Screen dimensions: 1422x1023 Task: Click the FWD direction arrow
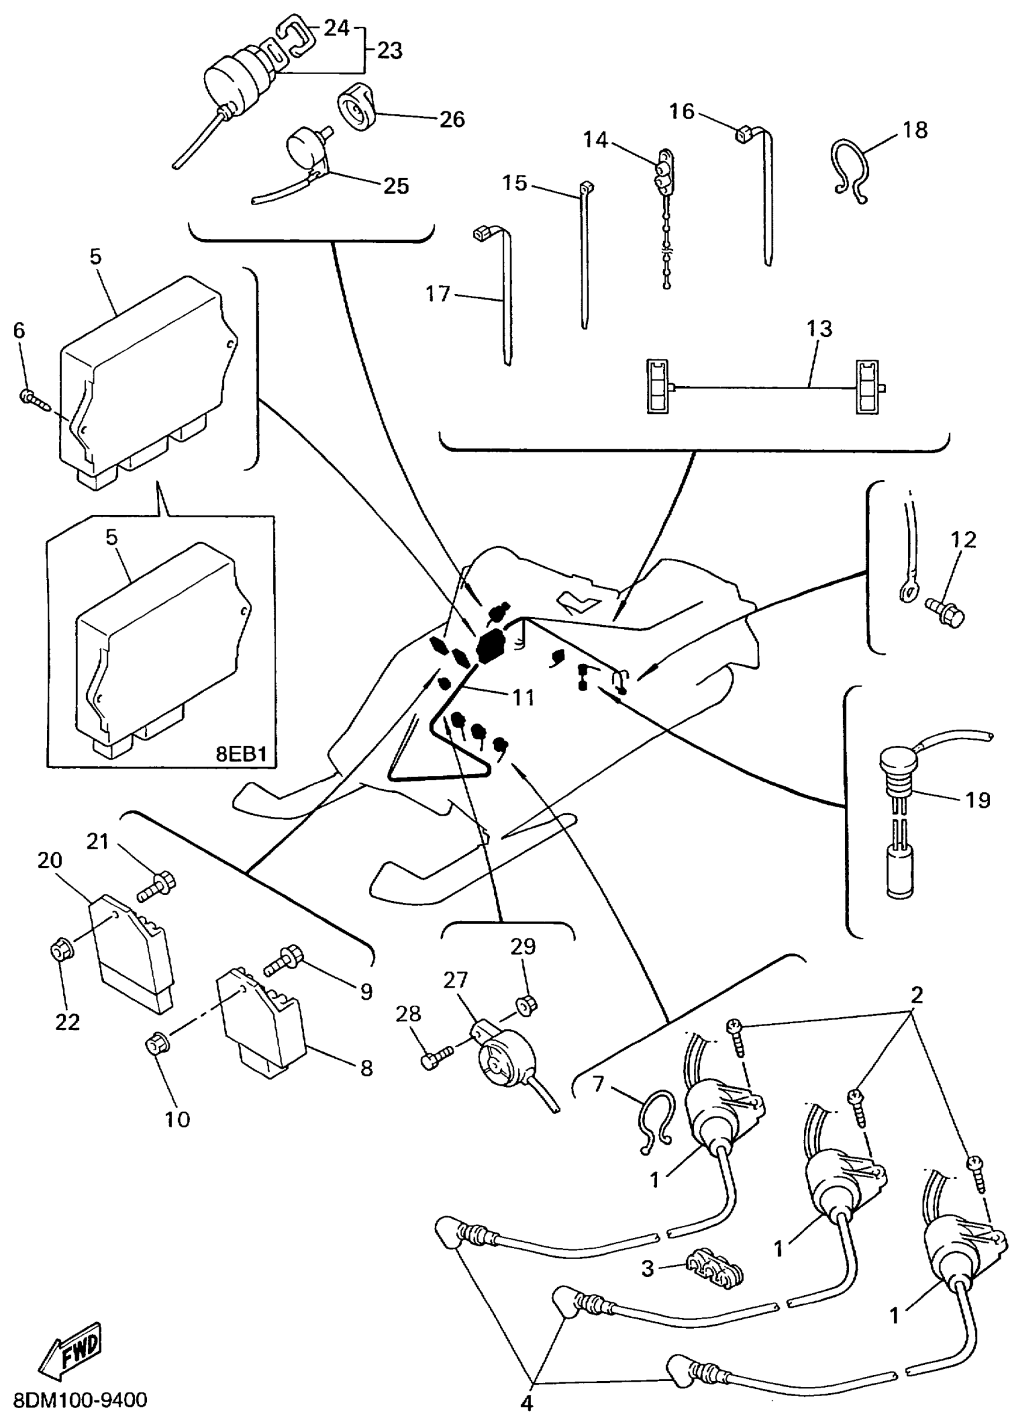point(71,1351)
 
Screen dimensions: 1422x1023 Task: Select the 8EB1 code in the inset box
point(241,754)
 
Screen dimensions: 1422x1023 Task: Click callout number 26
point(451,119)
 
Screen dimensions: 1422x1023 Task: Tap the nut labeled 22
point(61,952)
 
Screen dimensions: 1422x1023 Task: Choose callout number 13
point(819,328)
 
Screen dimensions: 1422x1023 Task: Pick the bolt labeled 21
point(157,887)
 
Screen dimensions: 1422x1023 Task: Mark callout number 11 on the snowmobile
point(523,697)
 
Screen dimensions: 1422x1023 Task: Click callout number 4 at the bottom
point(527,1403)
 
